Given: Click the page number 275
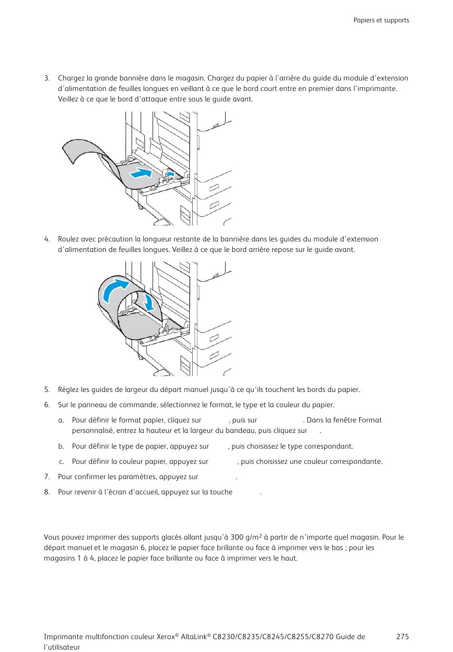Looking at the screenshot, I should [x=402, y=637].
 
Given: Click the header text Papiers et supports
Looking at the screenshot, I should [x=381, y=20].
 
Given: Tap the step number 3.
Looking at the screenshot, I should [x=47, y=78].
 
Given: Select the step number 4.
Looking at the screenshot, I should [x=47, y=239].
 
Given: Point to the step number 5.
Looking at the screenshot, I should [x=47, y=390].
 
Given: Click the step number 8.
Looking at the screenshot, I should [x=47, y=492].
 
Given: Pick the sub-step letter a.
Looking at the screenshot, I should [x=61, y=420].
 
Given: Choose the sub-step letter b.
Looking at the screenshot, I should [x=61, y=446].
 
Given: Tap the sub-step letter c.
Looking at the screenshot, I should [x=61, y=461].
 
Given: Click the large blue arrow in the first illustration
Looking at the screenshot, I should [x=142, y=172].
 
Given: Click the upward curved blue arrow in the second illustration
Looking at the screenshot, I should [x=116, y=289].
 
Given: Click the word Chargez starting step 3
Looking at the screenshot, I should [x=71, y=78].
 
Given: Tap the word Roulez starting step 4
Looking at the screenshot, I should [x=69, y=239].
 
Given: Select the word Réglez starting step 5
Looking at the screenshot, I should [x=69, y=390].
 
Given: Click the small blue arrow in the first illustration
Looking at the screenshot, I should [x=170, y=174].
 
